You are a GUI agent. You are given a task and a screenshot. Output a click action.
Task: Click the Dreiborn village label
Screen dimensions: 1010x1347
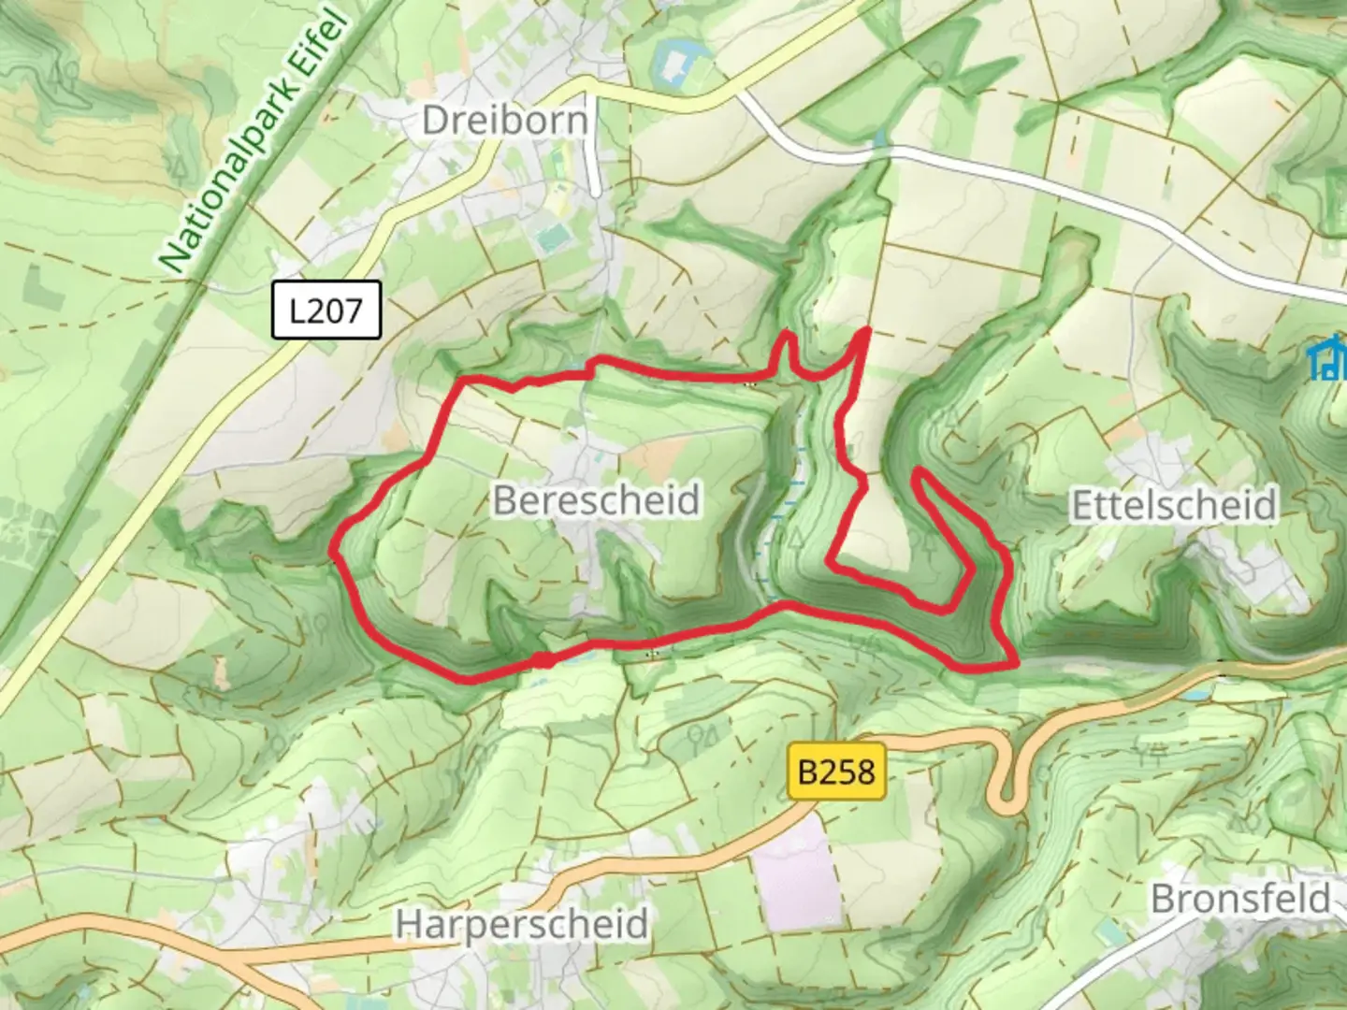505,121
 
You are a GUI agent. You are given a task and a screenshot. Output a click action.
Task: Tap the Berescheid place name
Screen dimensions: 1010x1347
596,500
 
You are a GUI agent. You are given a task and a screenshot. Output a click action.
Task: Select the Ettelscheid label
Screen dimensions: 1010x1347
1173,505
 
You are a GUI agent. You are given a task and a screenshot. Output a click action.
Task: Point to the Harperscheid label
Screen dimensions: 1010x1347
521,924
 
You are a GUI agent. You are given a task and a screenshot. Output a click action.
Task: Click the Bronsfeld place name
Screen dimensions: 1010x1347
1240,899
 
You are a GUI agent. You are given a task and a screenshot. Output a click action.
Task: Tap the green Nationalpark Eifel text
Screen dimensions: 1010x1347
254,140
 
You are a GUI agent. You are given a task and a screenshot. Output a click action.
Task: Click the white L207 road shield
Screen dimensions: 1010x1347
326,310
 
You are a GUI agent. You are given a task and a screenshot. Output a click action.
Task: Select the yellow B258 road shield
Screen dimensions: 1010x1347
837,772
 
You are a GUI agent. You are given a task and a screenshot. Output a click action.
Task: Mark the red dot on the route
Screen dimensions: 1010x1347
542,661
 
